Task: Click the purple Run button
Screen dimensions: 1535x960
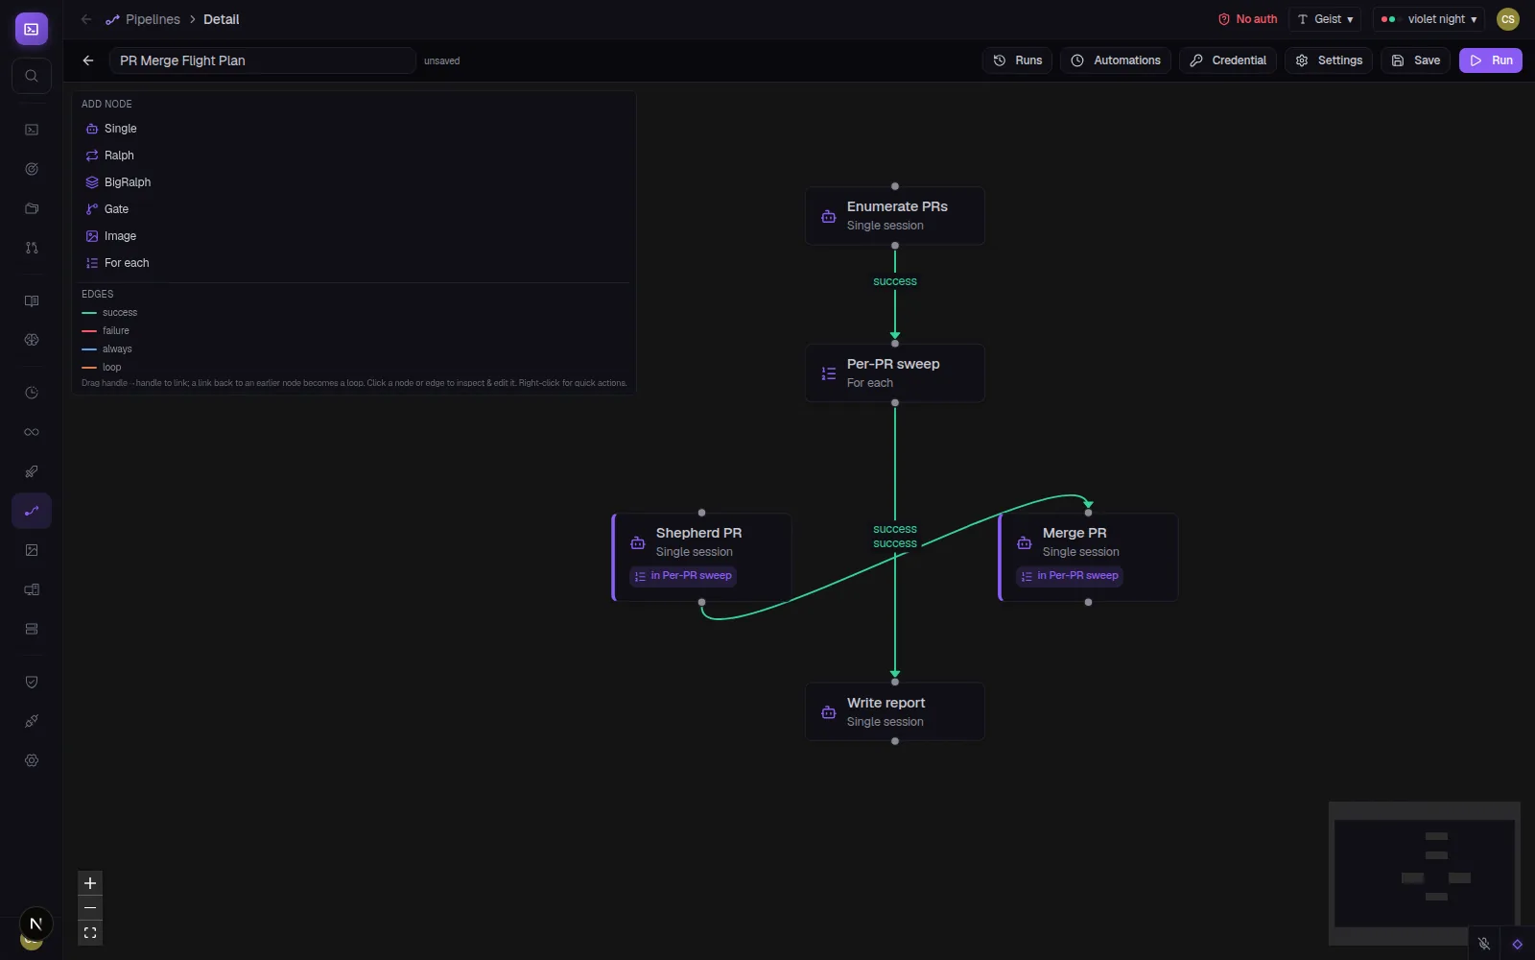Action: [x=1491, y=60]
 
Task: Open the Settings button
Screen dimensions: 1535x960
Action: [x=1328, y=60]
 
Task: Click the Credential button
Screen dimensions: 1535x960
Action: [x=1227, y=60]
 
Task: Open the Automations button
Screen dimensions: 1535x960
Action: [x=1115, y=60]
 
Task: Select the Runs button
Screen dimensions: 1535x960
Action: [x=1017, y=60]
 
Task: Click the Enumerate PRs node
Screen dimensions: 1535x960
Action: [x=895, y=216]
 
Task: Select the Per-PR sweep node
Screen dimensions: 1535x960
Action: [x=895, y=373]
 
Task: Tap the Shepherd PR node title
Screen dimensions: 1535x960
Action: [x=698, y=533]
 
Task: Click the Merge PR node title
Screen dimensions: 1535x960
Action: [x=1074, y=533]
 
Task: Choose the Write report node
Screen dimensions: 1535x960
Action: [x=895, y=711]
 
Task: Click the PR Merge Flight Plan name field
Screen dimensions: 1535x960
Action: [x=263, y=60]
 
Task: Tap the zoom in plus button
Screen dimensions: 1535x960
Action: [x=90, y=883]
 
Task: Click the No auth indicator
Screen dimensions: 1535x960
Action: [x=1247, y=19]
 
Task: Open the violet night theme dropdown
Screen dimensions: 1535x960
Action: [x=1429, y=19]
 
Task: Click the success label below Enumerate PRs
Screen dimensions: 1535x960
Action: [x=895, y=281]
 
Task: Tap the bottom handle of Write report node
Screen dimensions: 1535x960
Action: [x=895, y=741]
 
